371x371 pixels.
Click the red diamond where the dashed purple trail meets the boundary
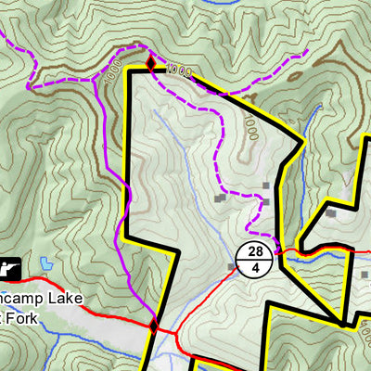150,63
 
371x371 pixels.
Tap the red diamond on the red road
154,326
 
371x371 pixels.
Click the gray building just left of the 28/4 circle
232,268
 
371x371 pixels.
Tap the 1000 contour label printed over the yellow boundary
181,69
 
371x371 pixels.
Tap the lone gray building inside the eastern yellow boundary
331,213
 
